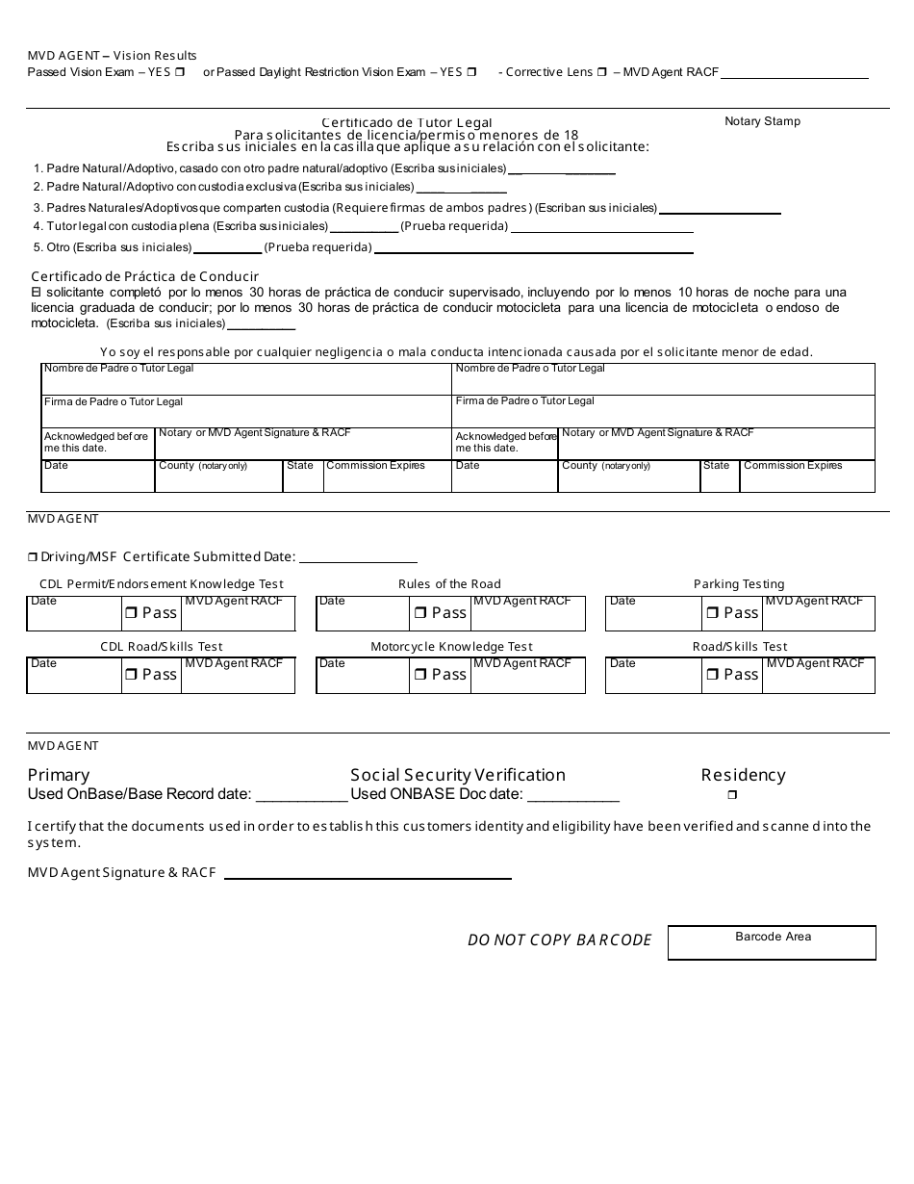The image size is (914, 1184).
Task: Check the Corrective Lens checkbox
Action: click(x=601, y=72)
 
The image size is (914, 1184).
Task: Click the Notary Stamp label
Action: click(x=762, y=121)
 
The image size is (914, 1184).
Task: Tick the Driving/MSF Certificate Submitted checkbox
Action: click(x=32, y=557)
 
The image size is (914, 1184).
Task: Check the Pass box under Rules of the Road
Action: click(x=420, y=613)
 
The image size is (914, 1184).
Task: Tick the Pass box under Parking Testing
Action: click(x=712, y=613)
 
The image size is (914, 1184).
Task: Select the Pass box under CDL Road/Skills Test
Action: click(x=130, y=675)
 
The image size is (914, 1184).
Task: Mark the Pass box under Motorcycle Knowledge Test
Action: click(x=420, y=675)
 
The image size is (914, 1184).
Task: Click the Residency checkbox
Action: click(x=732, y=795)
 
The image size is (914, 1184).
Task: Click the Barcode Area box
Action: click(x=772, y=942)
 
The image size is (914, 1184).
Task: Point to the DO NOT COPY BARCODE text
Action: click(x=559, y=939)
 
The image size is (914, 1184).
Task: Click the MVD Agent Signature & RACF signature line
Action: click(x=367, y=876)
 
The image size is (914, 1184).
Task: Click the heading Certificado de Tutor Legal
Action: click(x=406, y=122)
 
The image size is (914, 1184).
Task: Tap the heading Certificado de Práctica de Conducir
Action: click(x=145, y=276)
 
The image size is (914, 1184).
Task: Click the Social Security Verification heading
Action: click(x=458, y=775)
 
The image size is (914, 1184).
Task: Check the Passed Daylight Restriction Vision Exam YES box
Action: click(x=471, y=72)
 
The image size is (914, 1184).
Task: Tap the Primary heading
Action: click(x=59, y=775)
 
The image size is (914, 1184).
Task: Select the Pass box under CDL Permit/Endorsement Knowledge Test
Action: click(x=130, y=613)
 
